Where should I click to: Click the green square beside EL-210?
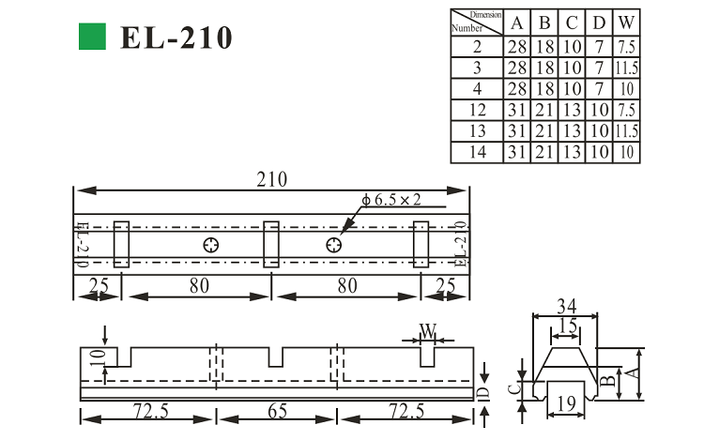point(91,37)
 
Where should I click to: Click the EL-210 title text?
point(176,38)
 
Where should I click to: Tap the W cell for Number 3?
point(627,68)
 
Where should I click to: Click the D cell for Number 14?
point(601,153)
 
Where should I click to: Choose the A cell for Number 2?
point(518,47)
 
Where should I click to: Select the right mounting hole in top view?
point(333,245)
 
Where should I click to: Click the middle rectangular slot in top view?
point(271,244)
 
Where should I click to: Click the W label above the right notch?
point(427,330)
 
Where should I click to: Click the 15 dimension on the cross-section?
point(565,326)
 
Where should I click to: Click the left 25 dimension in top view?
point(97,285)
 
